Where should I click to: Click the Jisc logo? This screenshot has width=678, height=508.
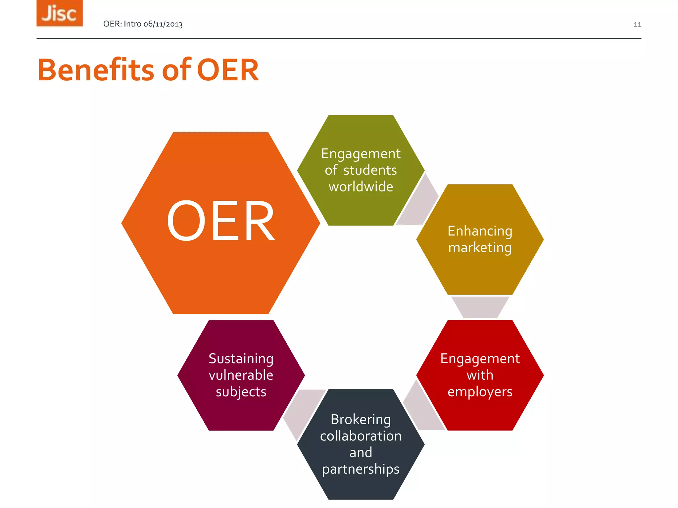(60, 13)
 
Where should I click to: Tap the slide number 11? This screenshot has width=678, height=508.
(637, 24)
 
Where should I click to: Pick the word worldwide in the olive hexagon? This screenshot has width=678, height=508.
(361, 187)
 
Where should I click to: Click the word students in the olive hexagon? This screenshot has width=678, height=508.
(370, 170)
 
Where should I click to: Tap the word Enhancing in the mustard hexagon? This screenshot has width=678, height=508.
(480, 231)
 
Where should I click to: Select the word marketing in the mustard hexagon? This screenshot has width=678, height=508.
(480, 248)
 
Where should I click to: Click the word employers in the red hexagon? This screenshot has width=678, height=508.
(480, 392)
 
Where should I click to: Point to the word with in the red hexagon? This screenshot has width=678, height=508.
(480, 375)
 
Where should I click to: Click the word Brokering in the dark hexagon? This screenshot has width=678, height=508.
(361, 420)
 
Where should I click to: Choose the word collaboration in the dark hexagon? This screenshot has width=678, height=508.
(361, 436)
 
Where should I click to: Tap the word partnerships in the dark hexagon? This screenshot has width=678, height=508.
(361, 469)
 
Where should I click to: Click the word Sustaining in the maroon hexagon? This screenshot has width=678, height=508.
(241, 359)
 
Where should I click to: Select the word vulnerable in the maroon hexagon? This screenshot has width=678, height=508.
(241, 375)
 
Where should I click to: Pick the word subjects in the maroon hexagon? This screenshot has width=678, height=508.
(241, 392)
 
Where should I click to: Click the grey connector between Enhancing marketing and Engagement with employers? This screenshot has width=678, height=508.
(480, 307)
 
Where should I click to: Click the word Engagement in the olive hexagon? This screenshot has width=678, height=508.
(361, 154)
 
